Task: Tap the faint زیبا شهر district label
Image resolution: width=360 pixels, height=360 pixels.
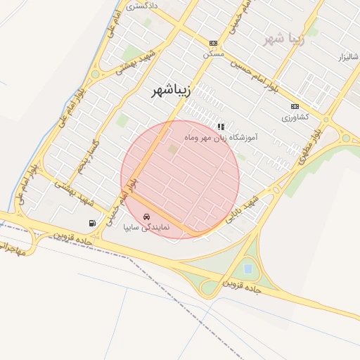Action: [x=283, y=38]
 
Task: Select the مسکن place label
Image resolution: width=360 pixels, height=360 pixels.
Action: [x=213, y=53]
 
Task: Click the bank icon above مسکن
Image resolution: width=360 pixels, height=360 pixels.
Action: [x=213, y=43]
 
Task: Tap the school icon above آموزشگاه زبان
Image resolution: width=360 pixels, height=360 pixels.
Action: [x=221, y=127]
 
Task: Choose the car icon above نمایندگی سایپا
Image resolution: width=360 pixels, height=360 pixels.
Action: [x=146, y=217]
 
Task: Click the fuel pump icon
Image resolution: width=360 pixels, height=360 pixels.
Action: [x=92, y=223]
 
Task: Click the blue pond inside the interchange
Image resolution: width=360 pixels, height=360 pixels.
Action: [x=247, y=269]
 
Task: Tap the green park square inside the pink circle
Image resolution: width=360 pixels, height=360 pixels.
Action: [x=173, y=148]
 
